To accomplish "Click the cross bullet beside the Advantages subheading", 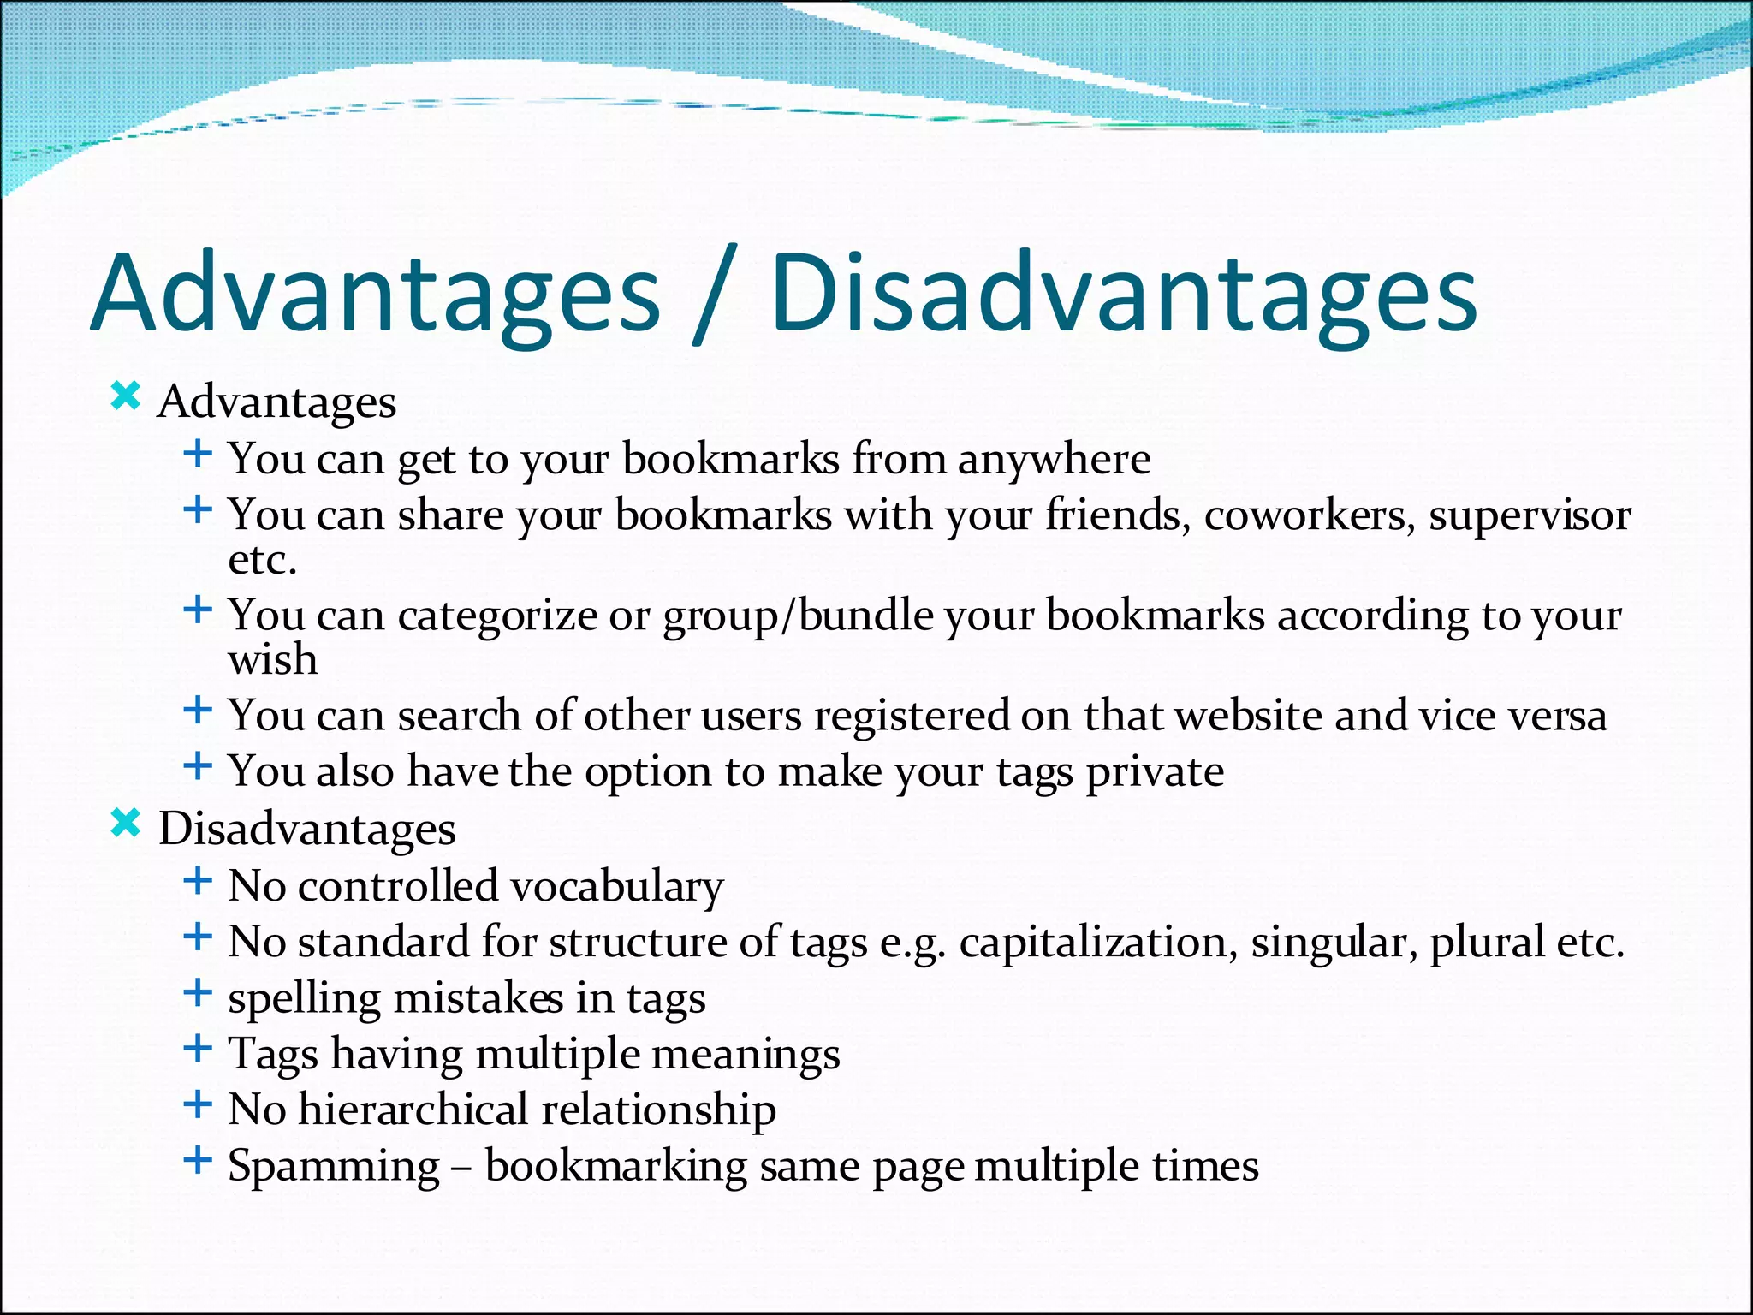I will point(126,396).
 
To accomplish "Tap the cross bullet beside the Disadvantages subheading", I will point(126,824).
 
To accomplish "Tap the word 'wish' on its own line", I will point(272,659).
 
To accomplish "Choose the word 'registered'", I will point(912,716).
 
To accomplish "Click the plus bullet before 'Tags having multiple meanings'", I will point(198,1048).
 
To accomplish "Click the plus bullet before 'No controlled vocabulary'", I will point(198,880).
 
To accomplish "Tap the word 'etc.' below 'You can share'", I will point(262,560).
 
